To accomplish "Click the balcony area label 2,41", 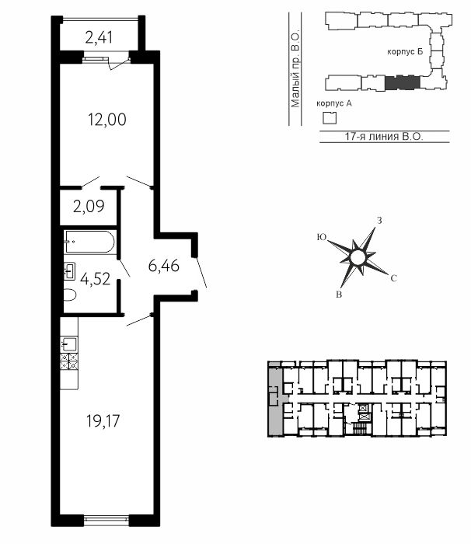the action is coord(99,37).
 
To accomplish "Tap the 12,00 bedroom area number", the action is coord(107,120).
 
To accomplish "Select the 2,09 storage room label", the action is coord(89,207).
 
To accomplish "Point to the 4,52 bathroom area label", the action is coord(95,278).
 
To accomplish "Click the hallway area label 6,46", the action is coord(163,266).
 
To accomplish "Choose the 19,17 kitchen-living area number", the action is coord(103,421).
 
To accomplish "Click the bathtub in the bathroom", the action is coord(89,242).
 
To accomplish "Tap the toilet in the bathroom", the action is coord(70,295).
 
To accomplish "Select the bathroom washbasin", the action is coord(70,271).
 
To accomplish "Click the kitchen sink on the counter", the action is coord(69,344).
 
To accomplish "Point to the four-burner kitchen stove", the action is coord(69,361).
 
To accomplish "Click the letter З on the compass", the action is coord(380,221).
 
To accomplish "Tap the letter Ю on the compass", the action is coord(322,237).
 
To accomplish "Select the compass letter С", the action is coord(393,278).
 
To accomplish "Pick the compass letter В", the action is coord(340,295).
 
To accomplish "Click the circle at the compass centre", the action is coord(358,258).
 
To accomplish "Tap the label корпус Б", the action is coord(406,52).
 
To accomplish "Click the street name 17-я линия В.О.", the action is coord(384,136).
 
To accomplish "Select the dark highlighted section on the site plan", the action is coord(403,82).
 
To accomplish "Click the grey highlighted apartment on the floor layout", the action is coord(276,399).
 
